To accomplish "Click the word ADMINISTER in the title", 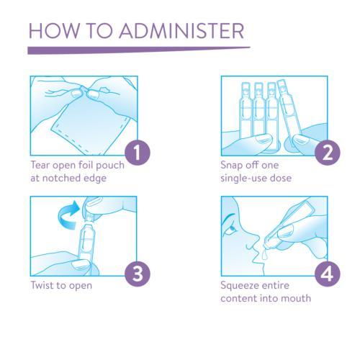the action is (181, 31).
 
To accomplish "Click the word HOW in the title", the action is (54, 31).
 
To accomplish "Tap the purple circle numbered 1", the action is (138, 153).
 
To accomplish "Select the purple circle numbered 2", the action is (328, 153).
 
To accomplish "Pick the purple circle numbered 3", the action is (138, 274).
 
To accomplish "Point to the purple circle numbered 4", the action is (328, 274).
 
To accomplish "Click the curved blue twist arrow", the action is (68, 215).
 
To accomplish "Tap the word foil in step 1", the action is (86, 165).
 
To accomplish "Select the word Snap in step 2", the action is (231, 166).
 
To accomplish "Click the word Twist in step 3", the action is (42, 285).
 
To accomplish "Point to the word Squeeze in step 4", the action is (240, 286).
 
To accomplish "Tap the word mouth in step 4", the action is (296, 298).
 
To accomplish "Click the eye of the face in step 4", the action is (233, 228).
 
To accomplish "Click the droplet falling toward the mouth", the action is (264, 255).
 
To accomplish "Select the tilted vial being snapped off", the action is (289, 115).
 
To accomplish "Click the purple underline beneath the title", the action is (139, 50).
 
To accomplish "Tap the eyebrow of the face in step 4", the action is (228, 217).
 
